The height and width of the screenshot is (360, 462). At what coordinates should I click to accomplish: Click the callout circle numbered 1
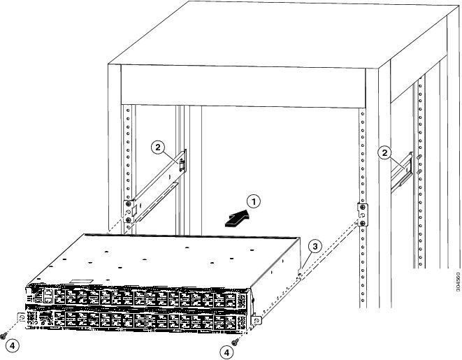254,202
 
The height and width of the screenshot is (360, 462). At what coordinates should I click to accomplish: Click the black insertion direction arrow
237,219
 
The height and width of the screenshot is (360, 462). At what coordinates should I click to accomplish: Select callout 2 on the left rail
158,147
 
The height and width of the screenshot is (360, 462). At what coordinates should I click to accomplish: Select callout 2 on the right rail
384,152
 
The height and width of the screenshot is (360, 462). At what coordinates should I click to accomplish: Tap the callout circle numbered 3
315,246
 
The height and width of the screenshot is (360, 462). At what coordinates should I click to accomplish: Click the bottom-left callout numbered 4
13,346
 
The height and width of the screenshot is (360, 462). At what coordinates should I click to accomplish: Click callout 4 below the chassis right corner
227,352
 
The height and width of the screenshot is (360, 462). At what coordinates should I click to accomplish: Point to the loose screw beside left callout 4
3,336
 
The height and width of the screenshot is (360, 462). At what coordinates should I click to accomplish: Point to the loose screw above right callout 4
235,342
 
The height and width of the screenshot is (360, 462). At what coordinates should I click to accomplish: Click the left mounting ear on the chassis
22,317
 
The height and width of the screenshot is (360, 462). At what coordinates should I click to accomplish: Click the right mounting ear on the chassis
257,319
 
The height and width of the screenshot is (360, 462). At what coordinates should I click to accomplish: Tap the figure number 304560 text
458,281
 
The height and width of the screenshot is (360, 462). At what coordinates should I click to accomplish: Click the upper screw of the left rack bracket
128,204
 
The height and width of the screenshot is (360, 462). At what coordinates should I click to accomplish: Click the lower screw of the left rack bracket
128,220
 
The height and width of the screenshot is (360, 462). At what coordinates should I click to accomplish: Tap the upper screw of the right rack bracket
363,207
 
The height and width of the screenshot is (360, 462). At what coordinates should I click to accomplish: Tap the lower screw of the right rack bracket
363,223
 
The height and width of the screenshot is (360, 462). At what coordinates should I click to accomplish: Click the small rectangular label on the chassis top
81,282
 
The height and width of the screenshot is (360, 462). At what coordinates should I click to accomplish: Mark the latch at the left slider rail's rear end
182,164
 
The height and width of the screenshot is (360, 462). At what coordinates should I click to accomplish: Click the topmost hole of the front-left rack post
128,110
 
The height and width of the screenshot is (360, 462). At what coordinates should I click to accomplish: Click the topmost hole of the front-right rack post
363,113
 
